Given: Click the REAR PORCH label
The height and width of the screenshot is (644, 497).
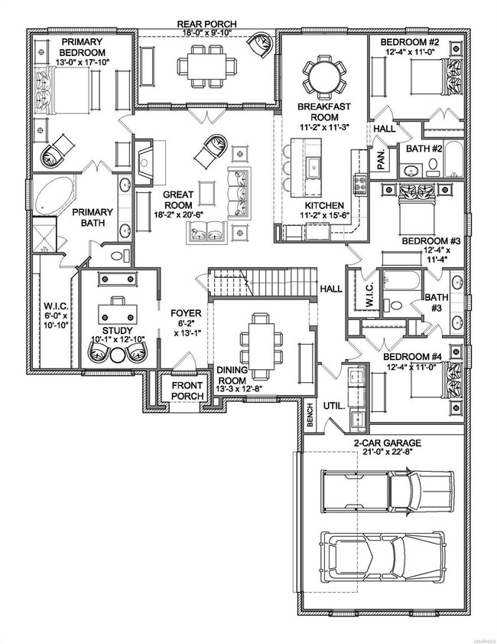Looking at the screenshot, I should pyautogui.click(x=207, y=24).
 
